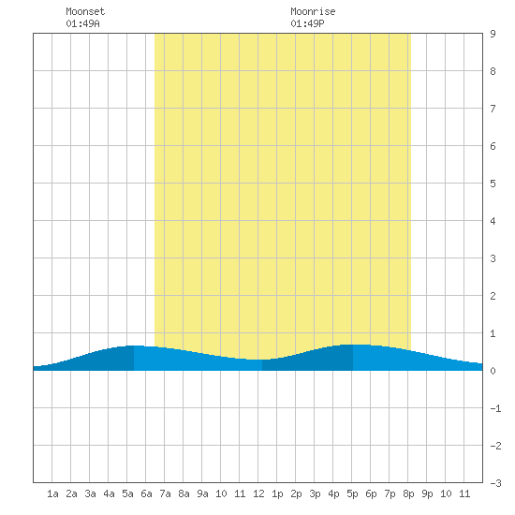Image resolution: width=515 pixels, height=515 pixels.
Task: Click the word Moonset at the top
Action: (85, 11)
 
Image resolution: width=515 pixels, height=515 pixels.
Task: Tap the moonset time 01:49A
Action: (82, 23)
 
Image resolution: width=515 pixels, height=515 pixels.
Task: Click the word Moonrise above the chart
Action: (313, 11)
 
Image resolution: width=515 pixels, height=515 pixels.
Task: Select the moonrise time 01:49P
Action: (307, 23)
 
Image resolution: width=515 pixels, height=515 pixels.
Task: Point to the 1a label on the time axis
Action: (52, 493)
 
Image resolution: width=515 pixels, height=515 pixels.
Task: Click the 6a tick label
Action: (146, 493)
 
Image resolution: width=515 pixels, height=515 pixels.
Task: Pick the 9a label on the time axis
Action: (202, 493)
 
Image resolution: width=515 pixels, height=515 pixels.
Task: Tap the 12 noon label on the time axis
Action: (258, 493)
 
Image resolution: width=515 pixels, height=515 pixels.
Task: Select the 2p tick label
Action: (296, 493)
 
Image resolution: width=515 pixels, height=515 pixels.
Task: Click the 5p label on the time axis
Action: (352, 493)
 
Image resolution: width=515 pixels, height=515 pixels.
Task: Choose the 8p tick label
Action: (408, 493)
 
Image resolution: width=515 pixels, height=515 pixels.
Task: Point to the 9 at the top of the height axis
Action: (493, 34)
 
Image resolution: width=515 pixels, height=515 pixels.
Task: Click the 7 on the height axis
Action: (493, 109)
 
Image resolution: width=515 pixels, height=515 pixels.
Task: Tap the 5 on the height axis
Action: (493, 184)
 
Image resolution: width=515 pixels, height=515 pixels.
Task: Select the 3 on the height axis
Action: (493, 258)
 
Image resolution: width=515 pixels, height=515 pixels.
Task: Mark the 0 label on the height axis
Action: (493, 371)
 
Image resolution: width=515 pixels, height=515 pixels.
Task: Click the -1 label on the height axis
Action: (495, 408)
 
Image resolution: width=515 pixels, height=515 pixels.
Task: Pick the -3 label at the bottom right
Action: (495, 483)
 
